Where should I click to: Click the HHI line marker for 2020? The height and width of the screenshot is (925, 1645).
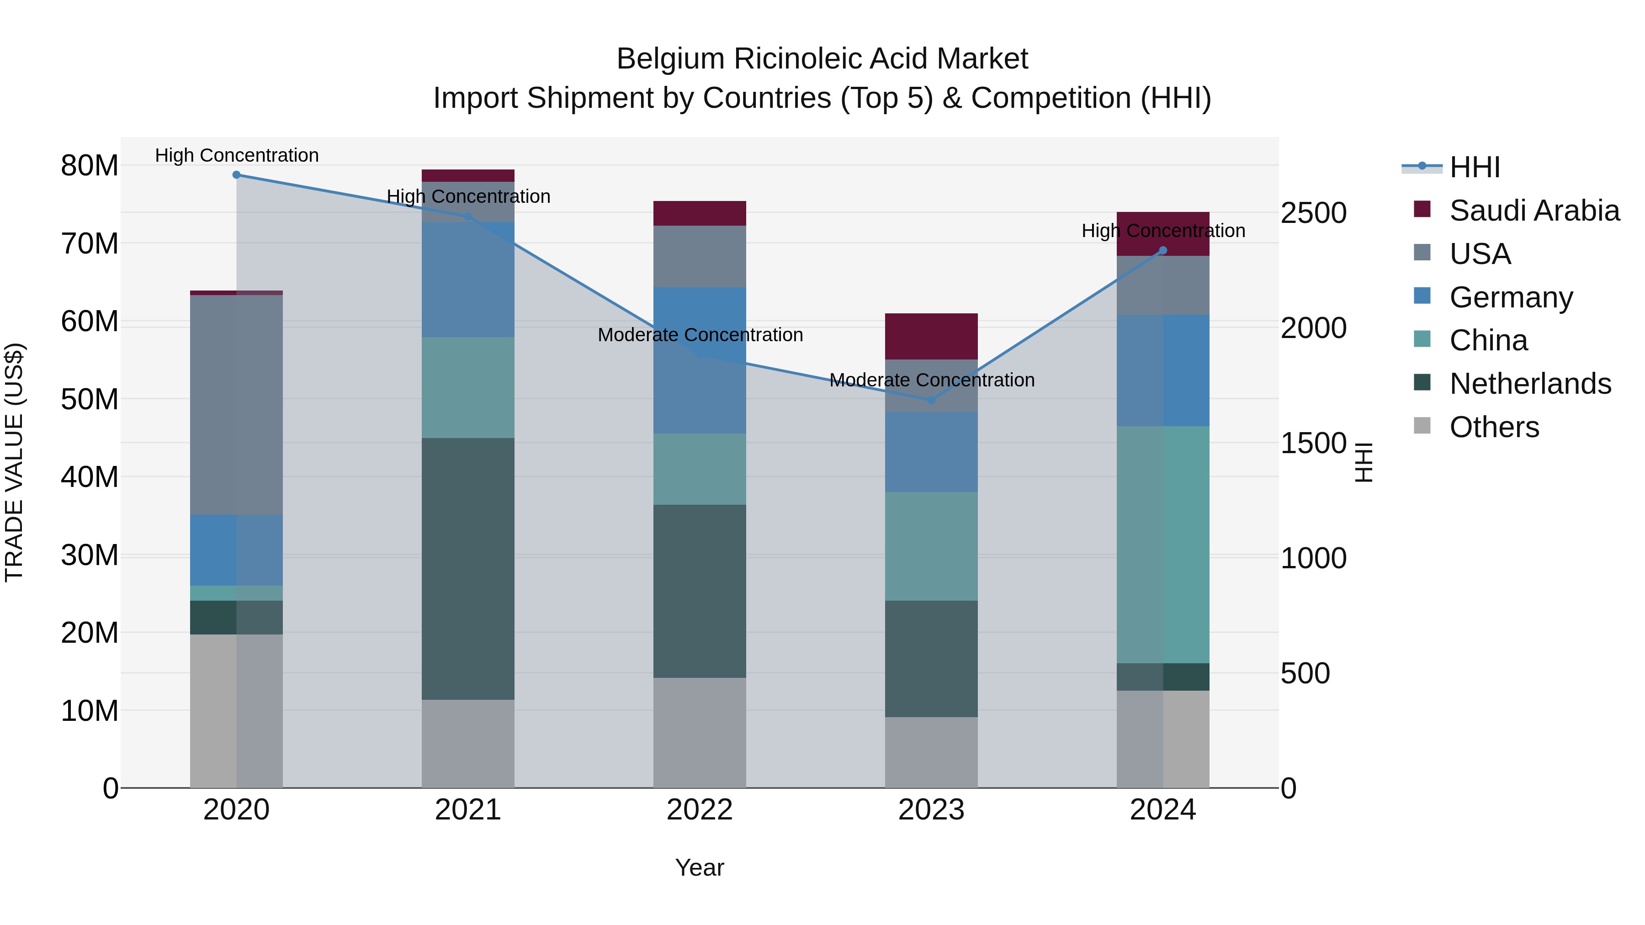pyautogui.click(x=236, y=175)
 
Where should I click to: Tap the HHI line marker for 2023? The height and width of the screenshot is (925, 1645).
pyautogui.click(x=931, y=400)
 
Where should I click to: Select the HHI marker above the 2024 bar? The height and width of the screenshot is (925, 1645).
pyautogui.click(x=1163, y=250)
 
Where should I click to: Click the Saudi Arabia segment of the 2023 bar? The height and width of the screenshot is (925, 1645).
pyautogui.click(x=931, y=336)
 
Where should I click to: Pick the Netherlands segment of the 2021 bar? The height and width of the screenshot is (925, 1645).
pyautogui.click(x=468, y=568)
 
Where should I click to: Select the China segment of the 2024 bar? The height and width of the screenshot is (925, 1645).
pyautogui.click(x=1163, y=544)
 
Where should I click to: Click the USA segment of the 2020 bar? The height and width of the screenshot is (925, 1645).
pyautogui.click(x=236, y=405)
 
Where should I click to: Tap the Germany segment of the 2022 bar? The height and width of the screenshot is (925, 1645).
pyautogui.click(x=699, y=361)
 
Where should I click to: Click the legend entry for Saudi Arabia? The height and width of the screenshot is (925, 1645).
pyautogui.click(x=1534, y=211)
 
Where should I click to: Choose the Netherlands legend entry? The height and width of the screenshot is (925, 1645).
pyautogui.click(x=1530, y=384)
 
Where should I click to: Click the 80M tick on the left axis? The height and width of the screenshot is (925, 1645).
pyautogui.click(x=90, y=166)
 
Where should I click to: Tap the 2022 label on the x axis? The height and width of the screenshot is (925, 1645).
pyautogui.click(x=699, y=810)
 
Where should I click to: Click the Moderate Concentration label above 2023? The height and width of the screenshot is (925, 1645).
pyautogui.click(x=932, y=380)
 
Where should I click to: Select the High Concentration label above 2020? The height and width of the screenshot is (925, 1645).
pyautogui.click(x=236, y=155)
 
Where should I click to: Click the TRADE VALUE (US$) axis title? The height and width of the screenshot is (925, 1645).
pyautogui.click(x=15, y=462)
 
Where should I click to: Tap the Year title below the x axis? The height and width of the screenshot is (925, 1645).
pyautogui.click(x=699, y=867)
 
